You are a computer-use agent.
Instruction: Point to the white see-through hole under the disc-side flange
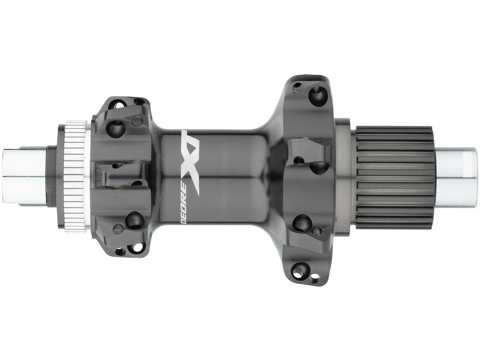pyautogui.click(x=120, y=251)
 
